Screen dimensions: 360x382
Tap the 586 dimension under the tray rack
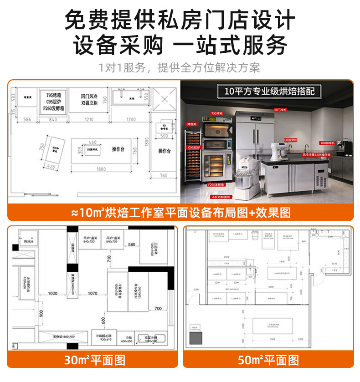click(x=27, y=119)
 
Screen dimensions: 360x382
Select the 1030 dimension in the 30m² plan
click(x=52, y=294)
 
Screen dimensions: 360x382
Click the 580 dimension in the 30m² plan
click(x=132, y=245)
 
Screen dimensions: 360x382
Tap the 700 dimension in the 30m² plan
click(x=158, y=309)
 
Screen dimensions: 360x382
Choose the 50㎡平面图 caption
click(x=268, y=361)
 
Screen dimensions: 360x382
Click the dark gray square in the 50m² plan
click(x=196, y=339)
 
